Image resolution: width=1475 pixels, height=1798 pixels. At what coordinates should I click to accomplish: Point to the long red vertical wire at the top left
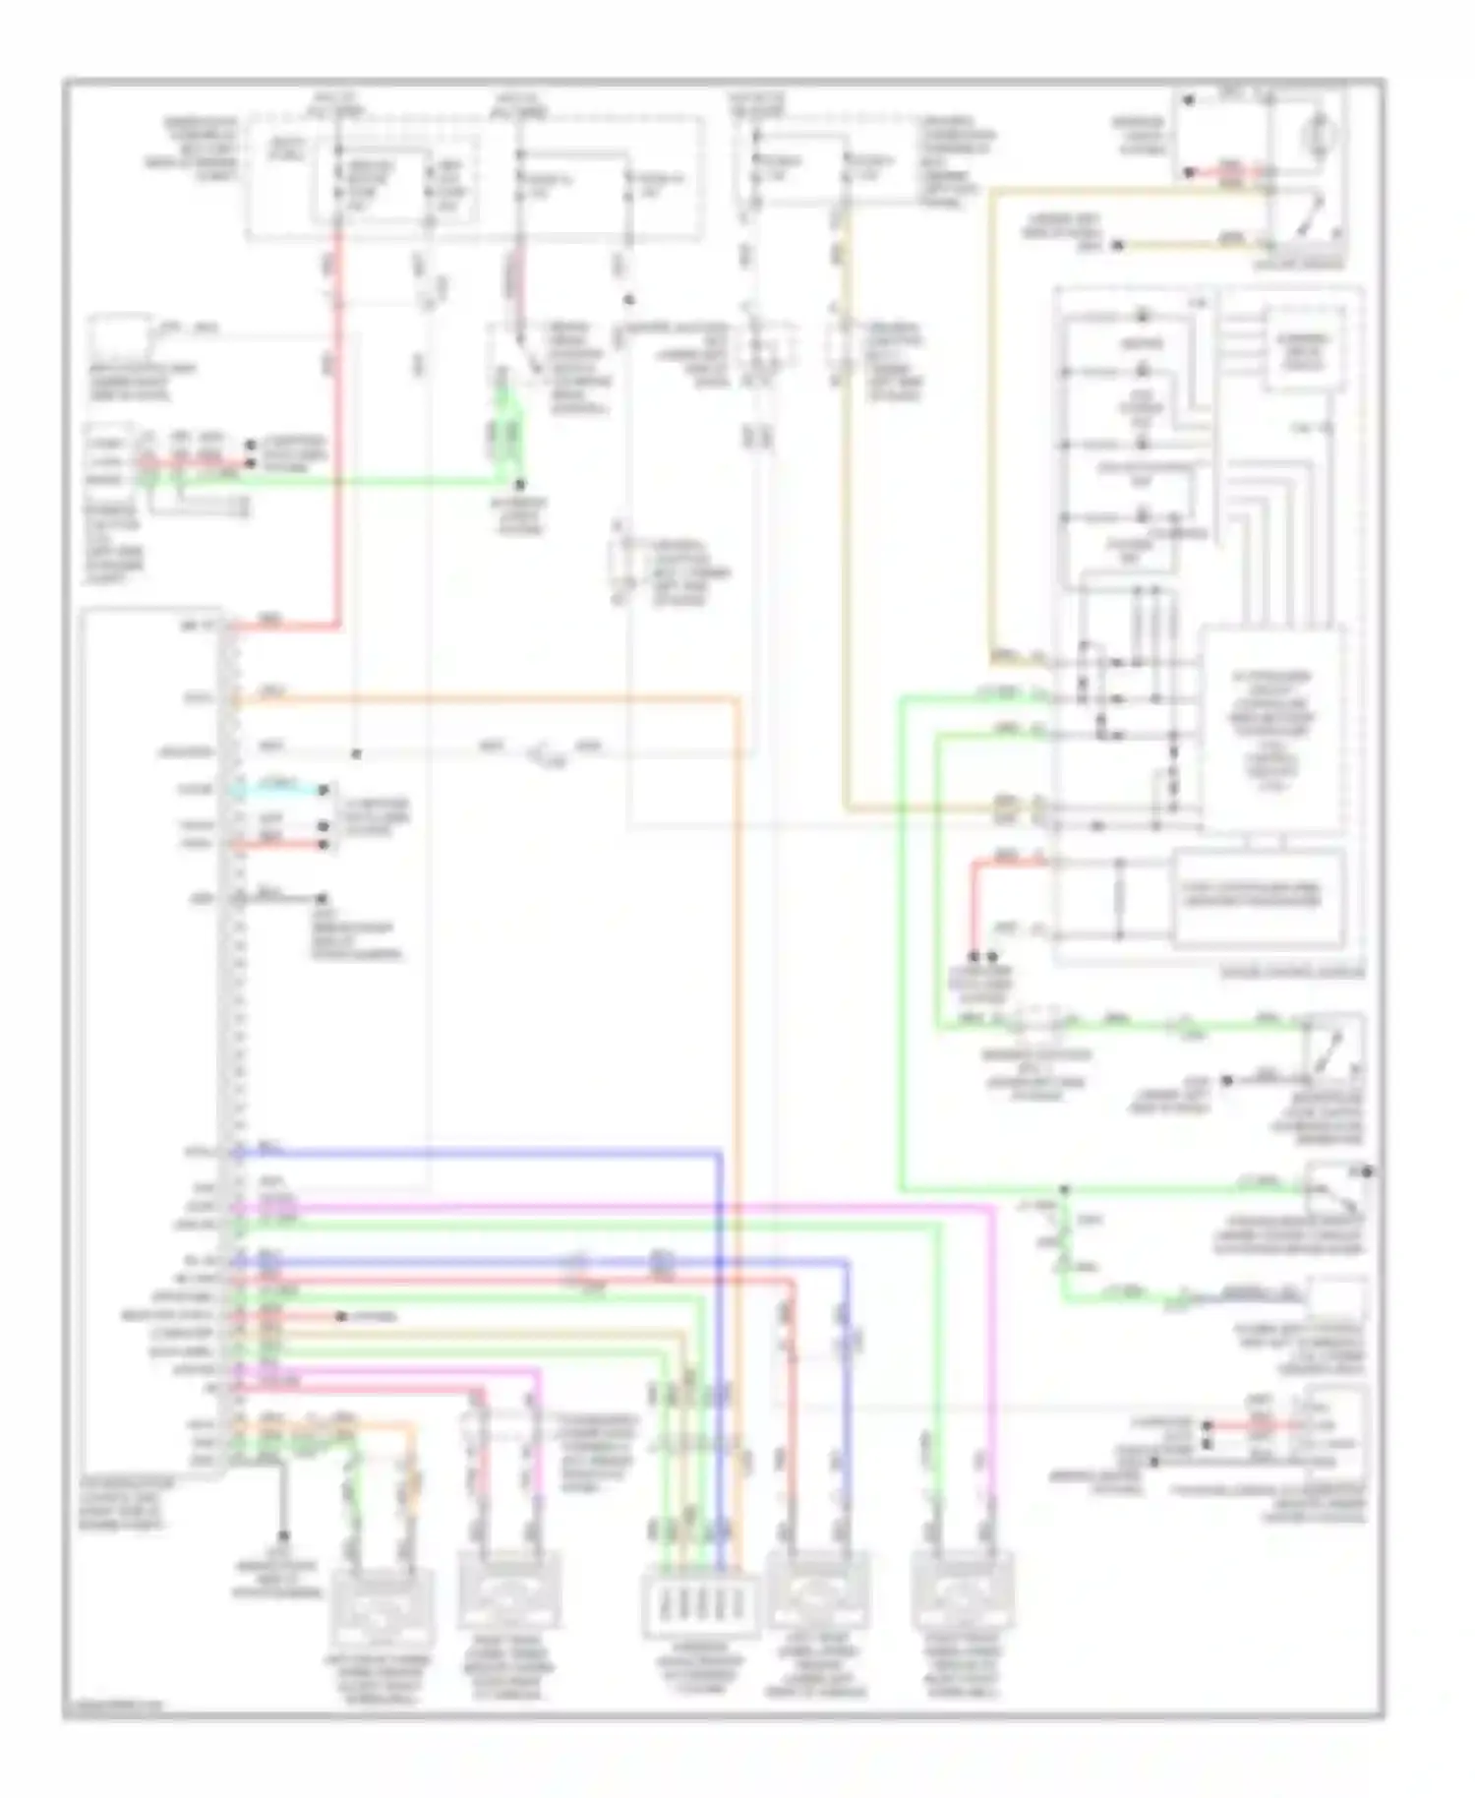(x=337, y=413)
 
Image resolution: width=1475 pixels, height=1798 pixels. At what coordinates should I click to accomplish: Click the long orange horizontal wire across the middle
(x=492, y=698)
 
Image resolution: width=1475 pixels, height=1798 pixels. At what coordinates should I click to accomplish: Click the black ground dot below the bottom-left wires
(x=283, y=1535)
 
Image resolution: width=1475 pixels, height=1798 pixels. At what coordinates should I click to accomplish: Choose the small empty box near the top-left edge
(x=121, y=338)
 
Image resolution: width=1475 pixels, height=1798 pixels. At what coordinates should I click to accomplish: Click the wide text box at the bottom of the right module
(x=1259, y=895)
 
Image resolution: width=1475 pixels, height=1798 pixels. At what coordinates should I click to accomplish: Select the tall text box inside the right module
(x=1272, y=728)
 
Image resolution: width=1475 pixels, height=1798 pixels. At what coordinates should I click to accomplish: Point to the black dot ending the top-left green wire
(x=521, y=485)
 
